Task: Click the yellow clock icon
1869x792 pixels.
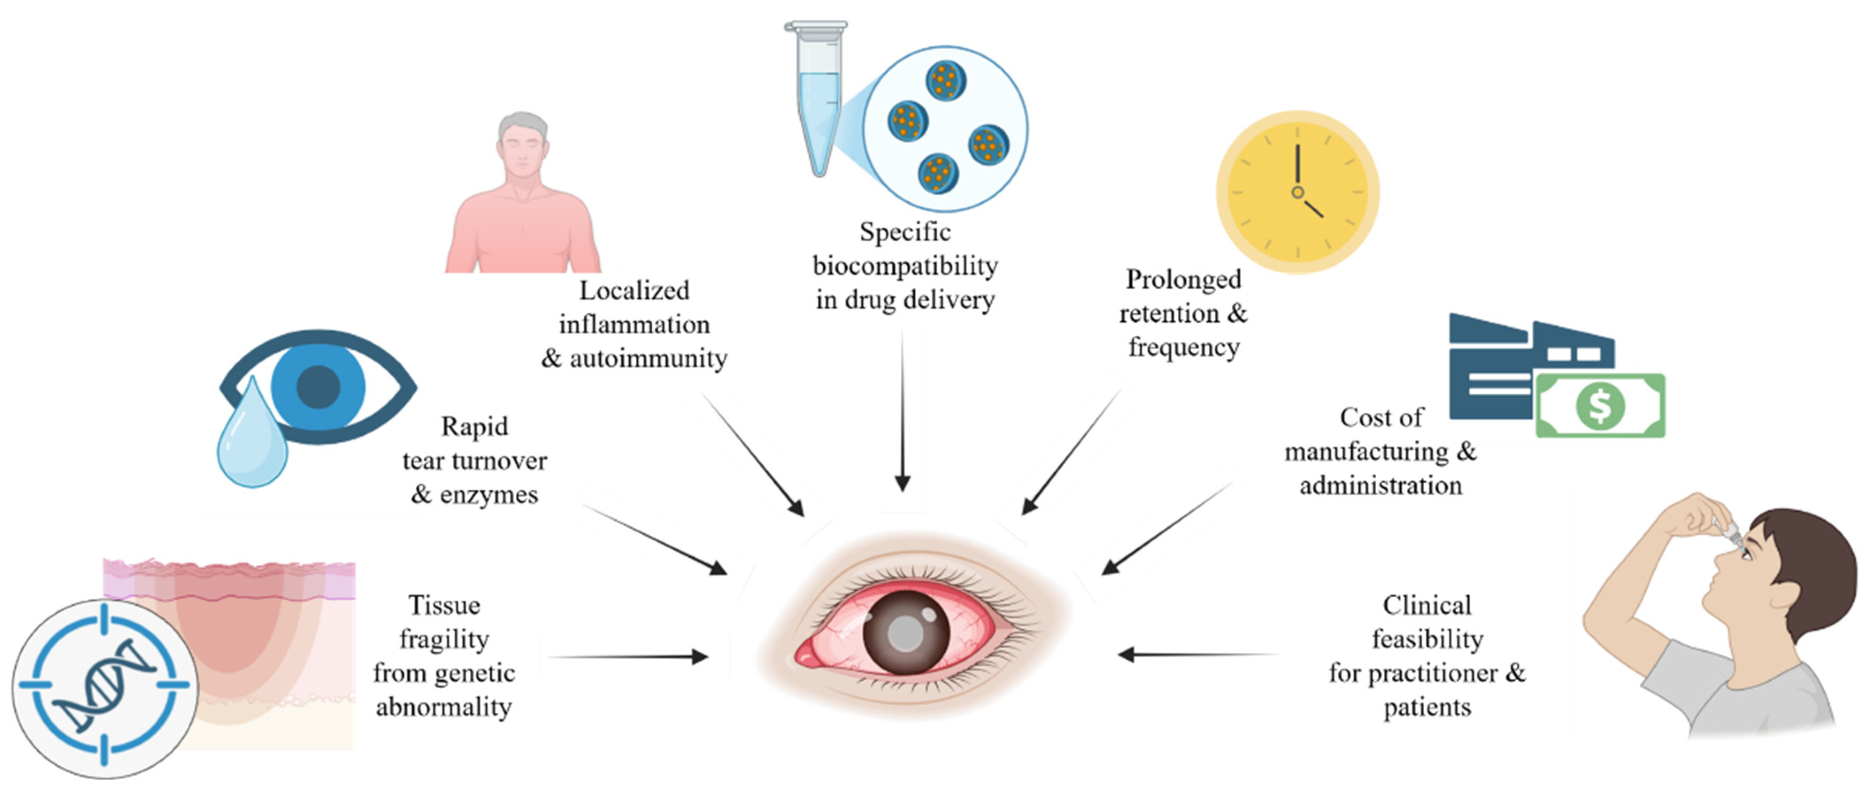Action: pos(1297,191)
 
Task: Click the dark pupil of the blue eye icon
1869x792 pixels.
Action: pos(318,386)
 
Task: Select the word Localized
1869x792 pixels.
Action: pos(634,290)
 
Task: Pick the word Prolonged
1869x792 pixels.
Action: pos(1183,279)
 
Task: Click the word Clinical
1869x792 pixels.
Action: pos(1427,605)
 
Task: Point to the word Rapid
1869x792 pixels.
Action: pos(474,427)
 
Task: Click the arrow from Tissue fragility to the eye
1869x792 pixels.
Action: pos(628,657)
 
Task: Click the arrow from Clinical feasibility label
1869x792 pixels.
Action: pos(1198,654)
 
